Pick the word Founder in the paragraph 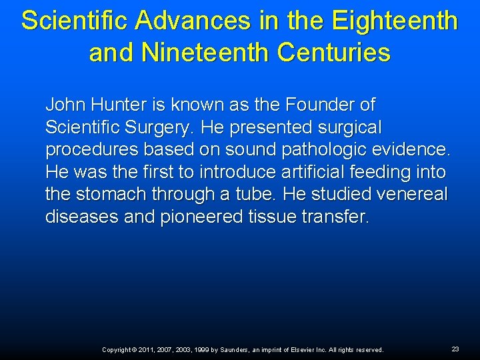tap(312, 105)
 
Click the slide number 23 tap(455, 349)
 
